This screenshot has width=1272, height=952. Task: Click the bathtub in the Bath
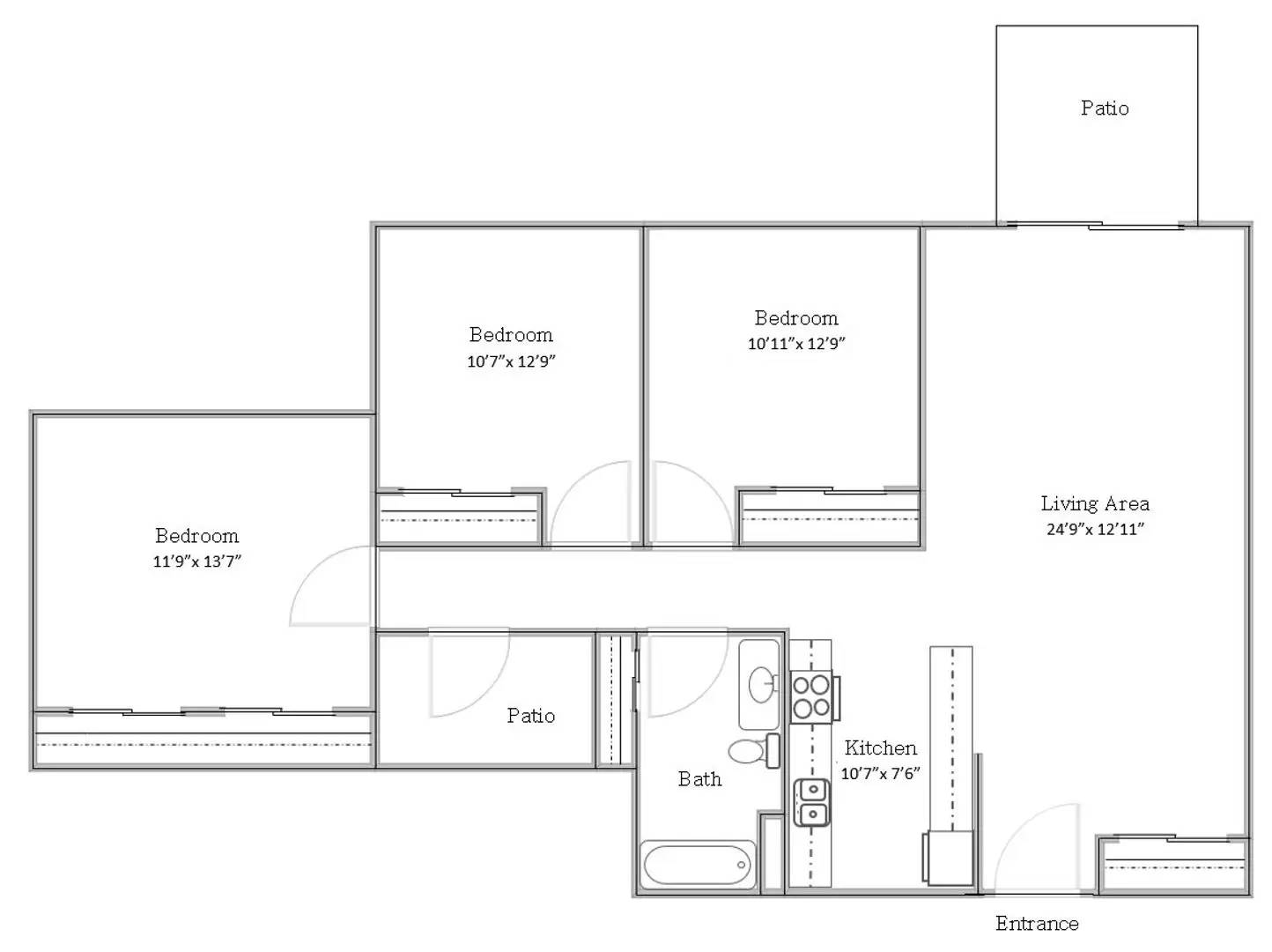pos(696,866)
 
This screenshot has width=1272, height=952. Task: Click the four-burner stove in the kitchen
pos(811,696)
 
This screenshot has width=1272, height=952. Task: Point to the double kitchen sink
pos(811,802)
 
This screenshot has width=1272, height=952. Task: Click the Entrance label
pos(1037,923)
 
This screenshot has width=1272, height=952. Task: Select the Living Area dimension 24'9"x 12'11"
pos(1095,529)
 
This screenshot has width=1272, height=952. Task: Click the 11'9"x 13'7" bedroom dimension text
pos(196,561)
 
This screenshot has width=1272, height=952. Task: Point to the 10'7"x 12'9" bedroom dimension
pos(511,361)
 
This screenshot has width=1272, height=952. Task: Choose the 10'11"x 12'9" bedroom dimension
pos(795,344)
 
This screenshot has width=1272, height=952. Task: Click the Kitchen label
pos(880,747)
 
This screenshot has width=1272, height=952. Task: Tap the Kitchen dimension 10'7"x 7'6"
pos(880,773)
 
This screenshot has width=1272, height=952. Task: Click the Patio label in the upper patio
pos(1105,108)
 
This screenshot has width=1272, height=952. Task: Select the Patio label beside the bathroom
pos(530,715)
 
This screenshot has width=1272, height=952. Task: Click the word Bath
pos(699,778)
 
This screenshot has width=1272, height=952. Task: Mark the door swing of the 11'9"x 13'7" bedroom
pos(330,586)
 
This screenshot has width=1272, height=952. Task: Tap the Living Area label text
pos(1095,503)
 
